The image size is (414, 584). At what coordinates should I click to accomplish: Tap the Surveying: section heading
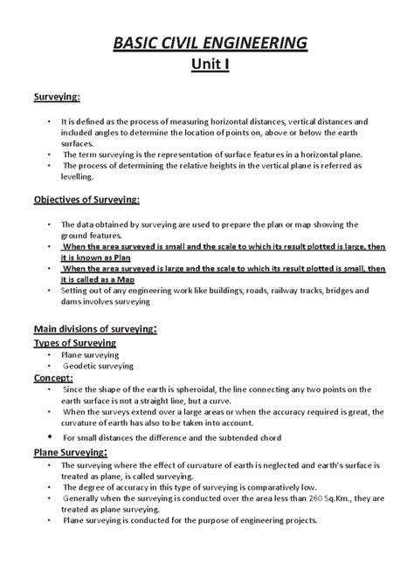(57, 97)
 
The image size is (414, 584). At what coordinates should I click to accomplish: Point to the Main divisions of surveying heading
(107, 330)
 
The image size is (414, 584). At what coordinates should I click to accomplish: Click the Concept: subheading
(53, 379)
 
